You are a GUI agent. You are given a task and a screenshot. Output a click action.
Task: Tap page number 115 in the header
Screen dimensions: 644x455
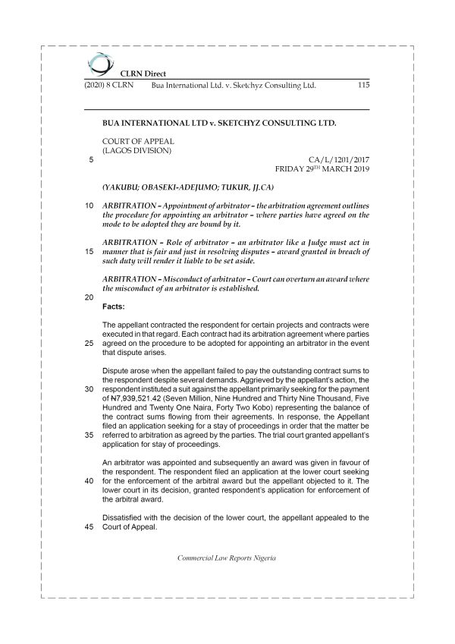362,86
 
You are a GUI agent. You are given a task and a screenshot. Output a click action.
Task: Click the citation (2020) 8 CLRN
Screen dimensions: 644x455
108,86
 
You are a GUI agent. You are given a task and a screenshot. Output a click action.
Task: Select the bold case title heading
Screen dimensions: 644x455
218,122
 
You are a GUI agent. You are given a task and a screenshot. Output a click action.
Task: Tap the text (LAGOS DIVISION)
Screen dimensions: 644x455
136,150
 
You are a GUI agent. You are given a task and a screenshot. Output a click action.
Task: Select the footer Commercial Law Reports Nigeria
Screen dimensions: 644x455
226,558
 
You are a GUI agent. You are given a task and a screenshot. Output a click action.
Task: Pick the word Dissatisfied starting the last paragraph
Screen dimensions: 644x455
124,518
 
